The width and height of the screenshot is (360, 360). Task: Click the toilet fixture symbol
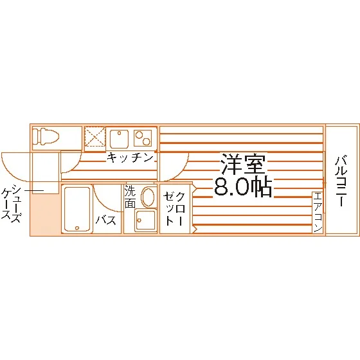tap(46, 137)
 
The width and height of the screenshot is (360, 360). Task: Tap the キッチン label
tap(130, 157)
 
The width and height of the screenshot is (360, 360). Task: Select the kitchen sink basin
tap(119, 138)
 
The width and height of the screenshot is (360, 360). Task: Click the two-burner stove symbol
tap(143, 138)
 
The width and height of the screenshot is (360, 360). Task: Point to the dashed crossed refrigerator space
tap(95, 137)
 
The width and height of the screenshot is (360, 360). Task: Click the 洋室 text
tap(243, 165)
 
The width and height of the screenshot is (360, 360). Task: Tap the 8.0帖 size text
tap(243, 187)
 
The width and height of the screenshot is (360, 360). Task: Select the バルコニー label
tap(341, 181)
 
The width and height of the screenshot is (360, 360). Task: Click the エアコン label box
tap(318, 212)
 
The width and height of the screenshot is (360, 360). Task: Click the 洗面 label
tap(130, 197)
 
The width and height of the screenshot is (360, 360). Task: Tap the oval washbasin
tap(148, 197)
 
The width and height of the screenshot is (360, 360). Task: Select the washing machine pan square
tap(146, 220)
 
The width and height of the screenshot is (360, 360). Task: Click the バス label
tap(106, 221)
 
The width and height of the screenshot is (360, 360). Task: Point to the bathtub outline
tap(77, 209)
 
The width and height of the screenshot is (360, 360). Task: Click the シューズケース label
tap(11, 203)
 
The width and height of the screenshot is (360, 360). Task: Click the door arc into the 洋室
tap(180, 171)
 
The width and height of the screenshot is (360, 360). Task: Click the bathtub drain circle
tap(77, 228)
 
